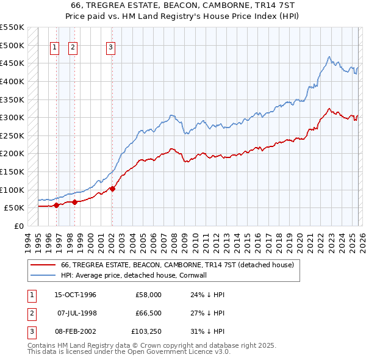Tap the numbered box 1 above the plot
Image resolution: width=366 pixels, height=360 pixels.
pos(54,48)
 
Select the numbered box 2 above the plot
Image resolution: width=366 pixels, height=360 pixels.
pos(73,48)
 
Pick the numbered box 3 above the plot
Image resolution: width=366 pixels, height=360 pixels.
pos(110,48)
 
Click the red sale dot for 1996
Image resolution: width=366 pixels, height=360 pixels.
pos(56,205)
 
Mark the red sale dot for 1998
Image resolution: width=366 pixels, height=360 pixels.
pos(74,202)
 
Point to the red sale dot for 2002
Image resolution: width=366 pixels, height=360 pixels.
pos(112,189)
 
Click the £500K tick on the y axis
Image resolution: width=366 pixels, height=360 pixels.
pos(12,45)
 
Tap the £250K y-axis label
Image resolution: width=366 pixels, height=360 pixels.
pos(12,135)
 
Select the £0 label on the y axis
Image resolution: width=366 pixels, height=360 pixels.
pos(18,226)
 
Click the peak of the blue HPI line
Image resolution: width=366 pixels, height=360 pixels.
pos(329,57)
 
